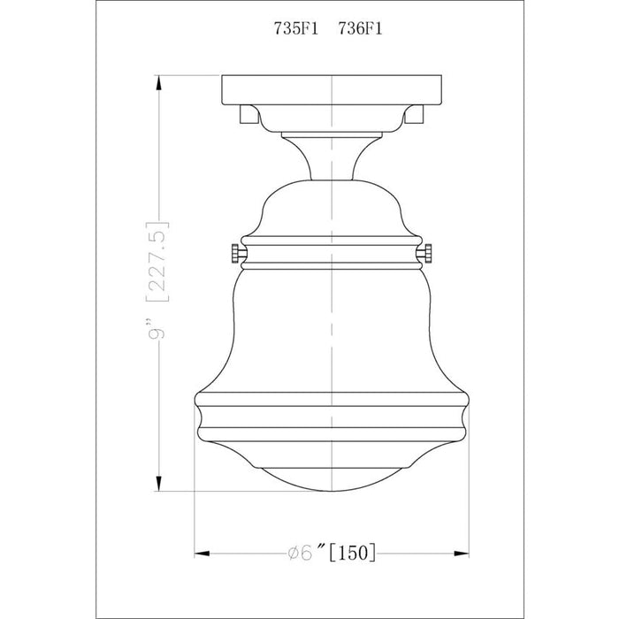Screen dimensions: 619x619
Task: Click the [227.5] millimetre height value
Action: click(x=158, y=262)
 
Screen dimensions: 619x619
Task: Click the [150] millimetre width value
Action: click(x=355, y=553)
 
